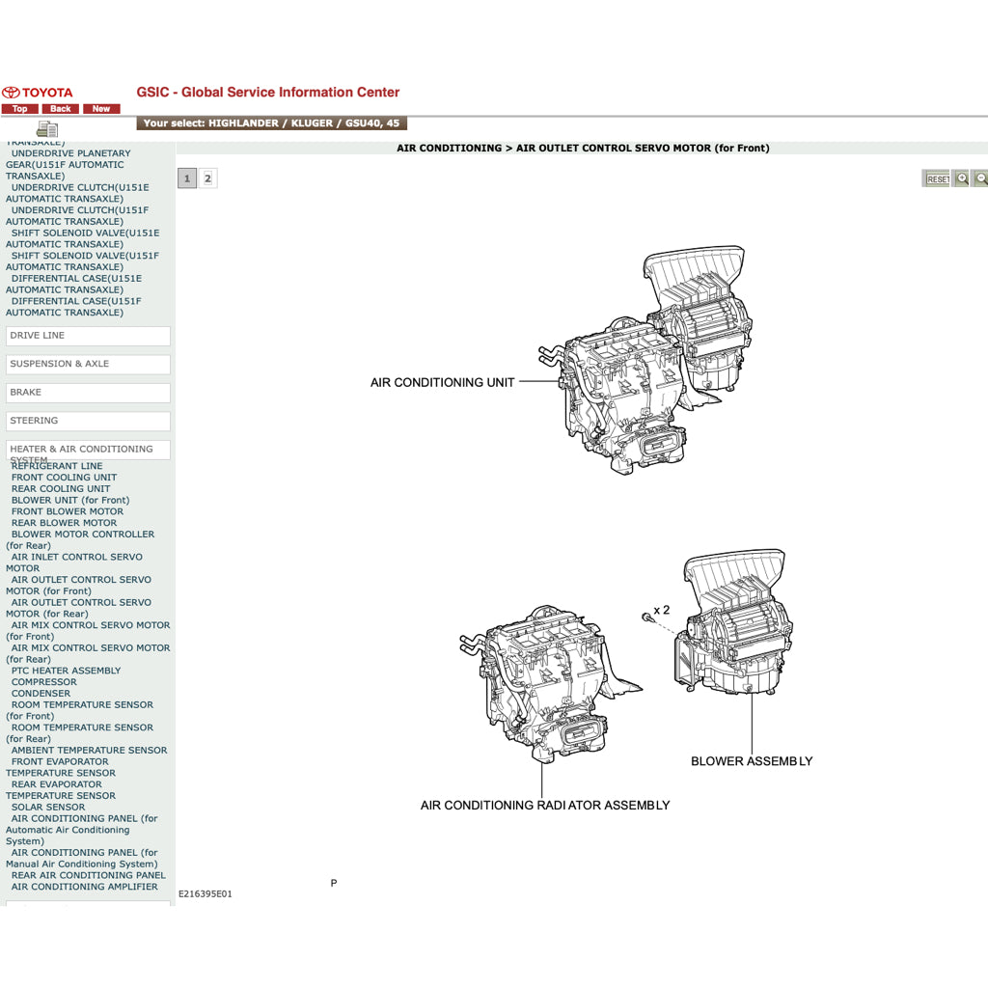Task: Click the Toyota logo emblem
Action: (x=12, y=93)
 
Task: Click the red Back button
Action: (x=61, y=109)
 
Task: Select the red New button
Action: (x=101, y=109)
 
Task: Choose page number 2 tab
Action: (x=207, y=178)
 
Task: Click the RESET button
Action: (x=937, y=179)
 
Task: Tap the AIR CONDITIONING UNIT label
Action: (x=442, y=383)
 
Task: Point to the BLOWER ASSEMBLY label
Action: (x=752, y=761)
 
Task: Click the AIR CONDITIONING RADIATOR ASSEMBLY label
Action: (x=544, y=805)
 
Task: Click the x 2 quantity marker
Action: (x=661, y=610)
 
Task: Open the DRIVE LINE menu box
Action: (x=88, y=336)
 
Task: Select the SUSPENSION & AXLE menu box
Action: (x=88, y=364)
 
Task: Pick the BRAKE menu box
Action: (x=88, y=393)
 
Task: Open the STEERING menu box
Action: (x=88, y=421)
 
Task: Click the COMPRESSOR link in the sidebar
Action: (x=43, y=682)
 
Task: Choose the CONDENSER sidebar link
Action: (x=41, y=694)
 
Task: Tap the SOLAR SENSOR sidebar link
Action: (x=48, y=808)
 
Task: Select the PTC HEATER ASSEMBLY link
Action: (x=66, y=671)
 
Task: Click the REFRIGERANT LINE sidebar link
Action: (x=57, y=467)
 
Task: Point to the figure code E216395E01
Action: (x=206, y=894)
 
